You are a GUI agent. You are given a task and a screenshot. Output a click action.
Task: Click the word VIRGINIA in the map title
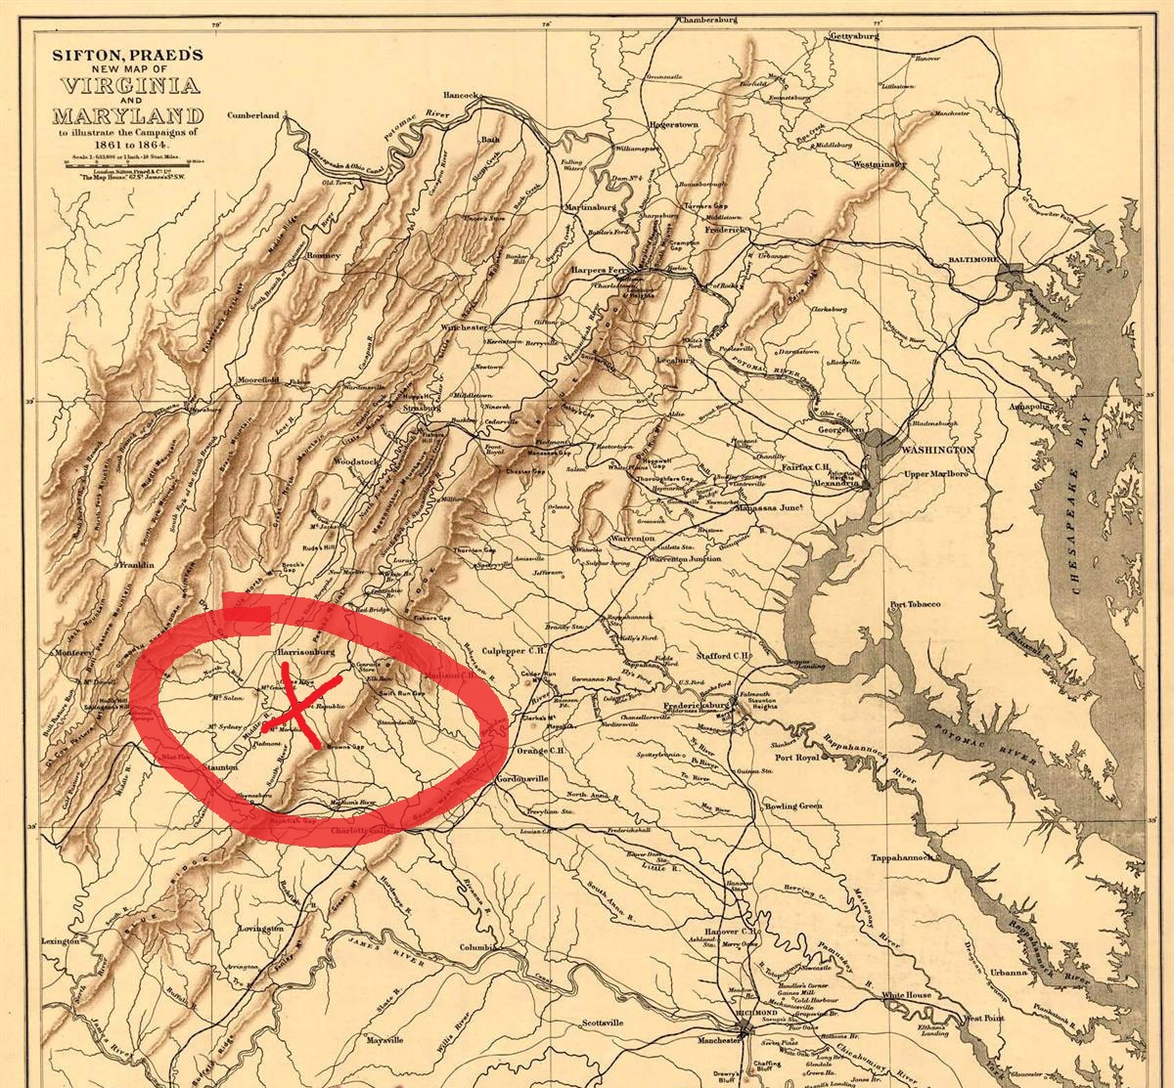[x=126, y=84]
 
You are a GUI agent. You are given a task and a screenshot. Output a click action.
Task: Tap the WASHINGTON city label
[x=936, y=450]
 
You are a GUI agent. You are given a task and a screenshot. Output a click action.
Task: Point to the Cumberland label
[x=252, y=115]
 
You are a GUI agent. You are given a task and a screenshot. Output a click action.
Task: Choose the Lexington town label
[x=60, y=941]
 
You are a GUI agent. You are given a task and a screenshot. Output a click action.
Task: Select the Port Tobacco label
[x=914, y=604]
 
